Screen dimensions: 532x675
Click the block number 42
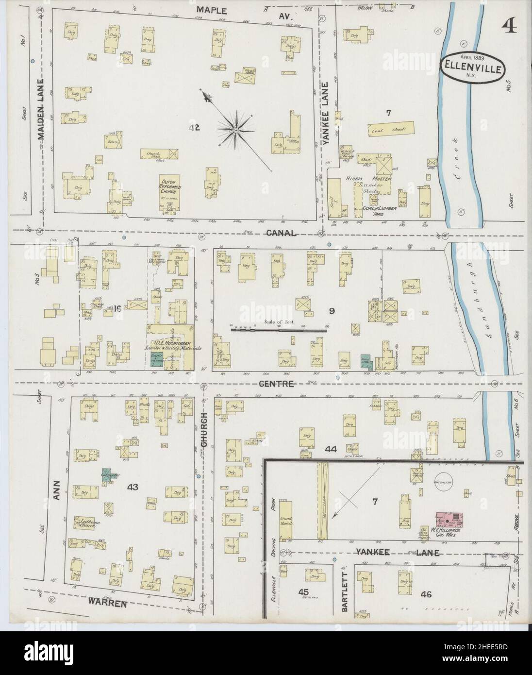(x=195, y=128)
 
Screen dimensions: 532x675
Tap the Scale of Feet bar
(x=279, y=329)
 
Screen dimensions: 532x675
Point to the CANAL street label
(x=280, y=234)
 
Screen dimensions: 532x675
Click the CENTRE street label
(x=277, y=384)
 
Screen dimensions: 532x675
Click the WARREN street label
(x=108, y=604)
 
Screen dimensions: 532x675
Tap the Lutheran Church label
(x=86, y=523)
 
